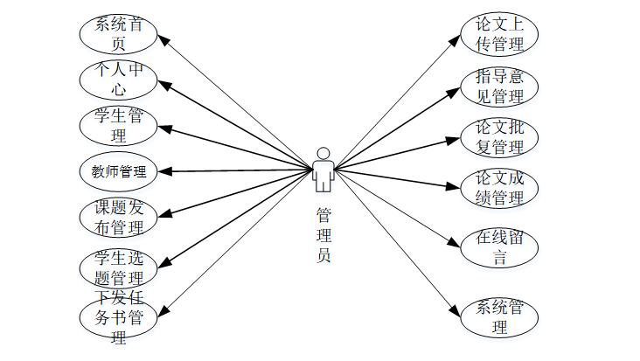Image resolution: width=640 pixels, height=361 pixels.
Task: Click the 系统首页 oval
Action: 117,32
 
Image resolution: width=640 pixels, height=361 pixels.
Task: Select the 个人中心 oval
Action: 117,80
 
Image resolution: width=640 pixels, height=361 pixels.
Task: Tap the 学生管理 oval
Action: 117,126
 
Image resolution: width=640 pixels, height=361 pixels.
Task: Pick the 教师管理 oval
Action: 117,171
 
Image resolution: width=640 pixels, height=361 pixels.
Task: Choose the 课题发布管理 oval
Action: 117,218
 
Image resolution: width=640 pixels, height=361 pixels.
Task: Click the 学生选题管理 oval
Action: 117,268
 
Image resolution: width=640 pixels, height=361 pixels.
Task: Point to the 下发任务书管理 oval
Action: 117,316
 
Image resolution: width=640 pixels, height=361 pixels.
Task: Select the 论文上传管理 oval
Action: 499,34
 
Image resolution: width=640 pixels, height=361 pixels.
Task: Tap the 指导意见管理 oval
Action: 499,86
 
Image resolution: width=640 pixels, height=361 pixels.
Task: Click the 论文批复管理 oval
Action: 499,136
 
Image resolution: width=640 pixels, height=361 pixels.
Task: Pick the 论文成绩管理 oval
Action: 499,187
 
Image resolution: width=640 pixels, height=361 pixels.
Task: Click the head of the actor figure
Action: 323,152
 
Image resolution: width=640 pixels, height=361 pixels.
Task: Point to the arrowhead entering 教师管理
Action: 161,171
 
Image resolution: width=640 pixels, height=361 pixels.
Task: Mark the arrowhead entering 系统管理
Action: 456,309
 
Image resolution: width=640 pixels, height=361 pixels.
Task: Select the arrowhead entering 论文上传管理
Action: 458,39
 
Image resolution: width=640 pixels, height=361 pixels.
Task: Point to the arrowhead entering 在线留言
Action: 457,241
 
